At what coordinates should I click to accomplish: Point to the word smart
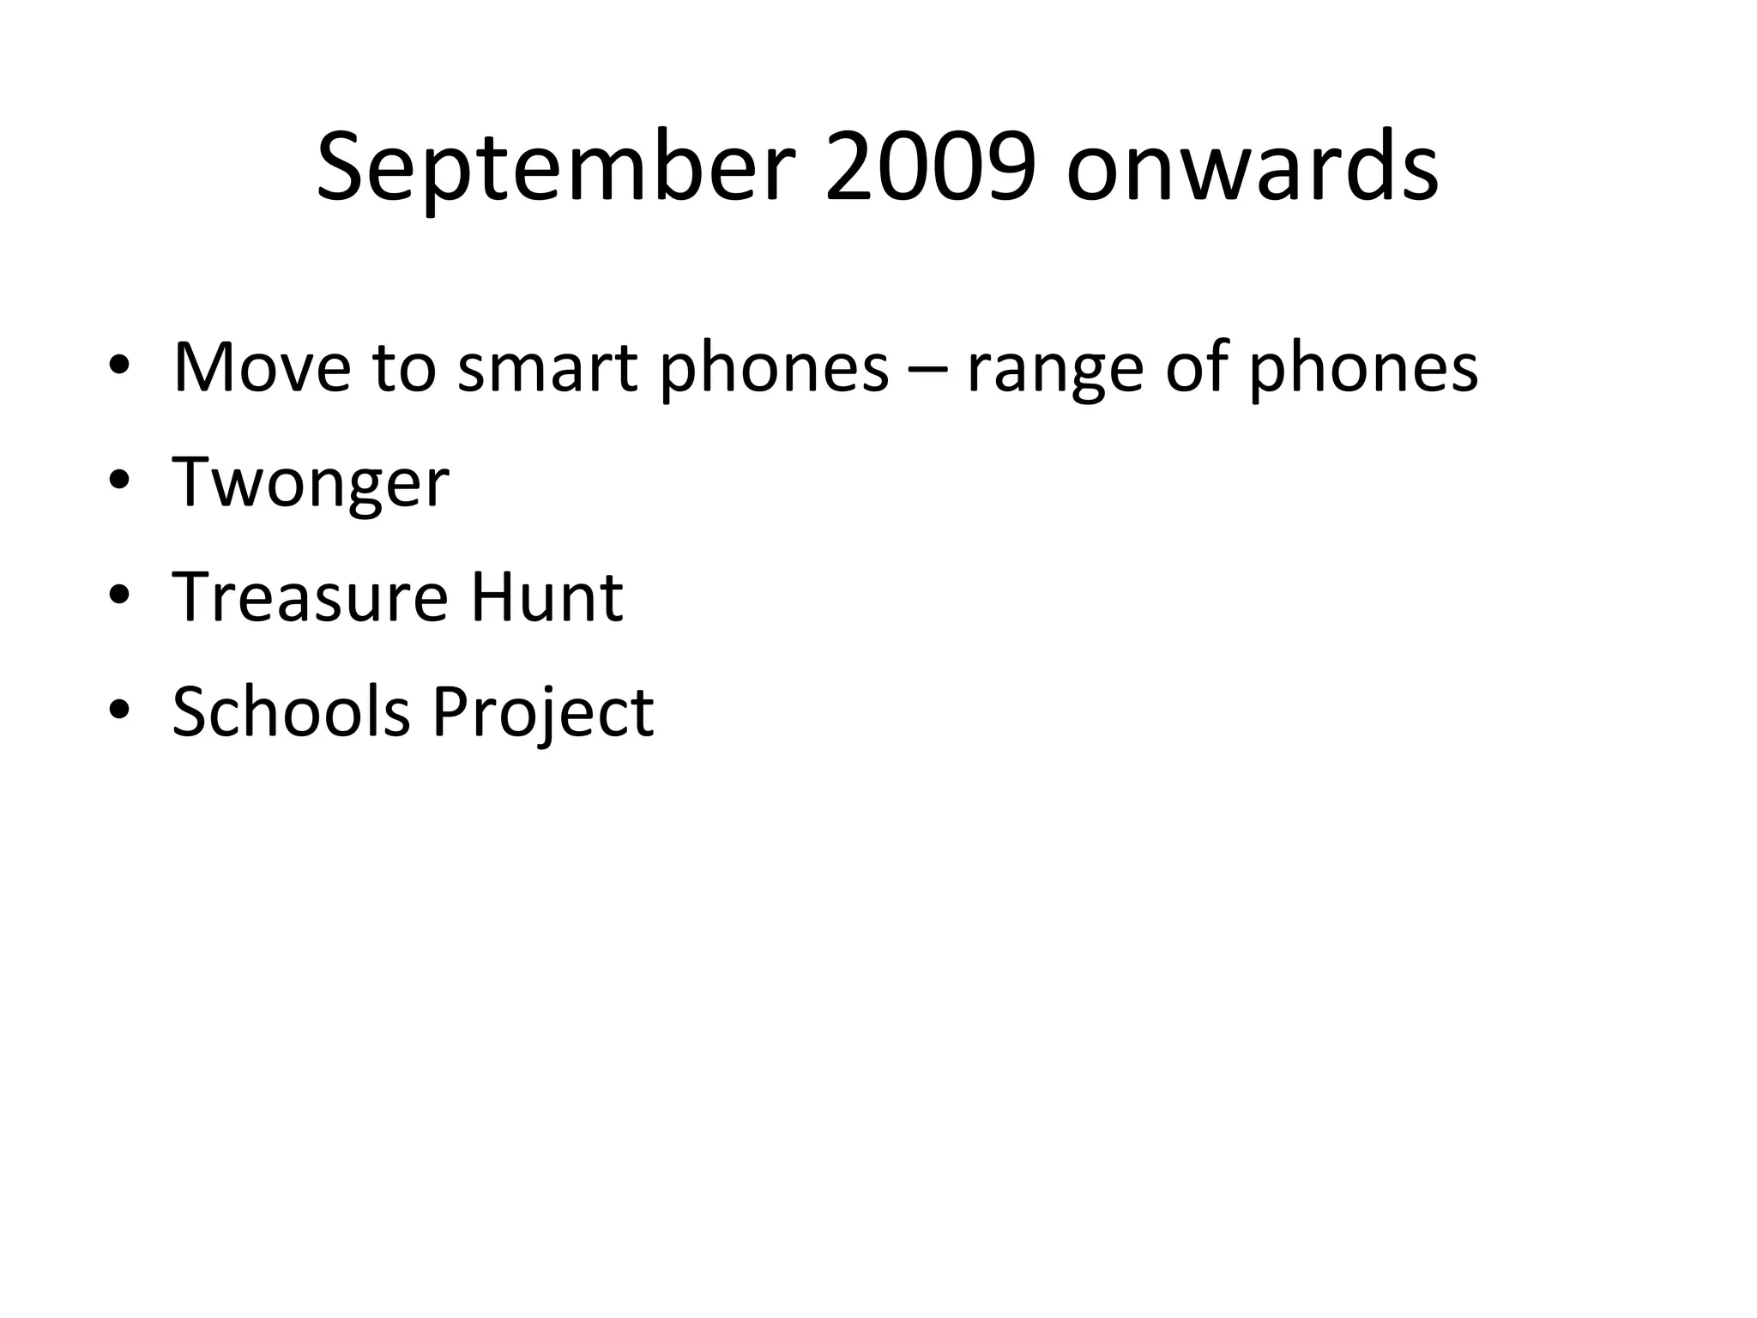[x=547, y=369]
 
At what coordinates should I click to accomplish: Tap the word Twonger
[x=311, y=483]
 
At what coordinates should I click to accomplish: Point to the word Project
[x=542, y=714]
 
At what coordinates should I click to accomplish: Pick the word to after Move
[x=404, y=369]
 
